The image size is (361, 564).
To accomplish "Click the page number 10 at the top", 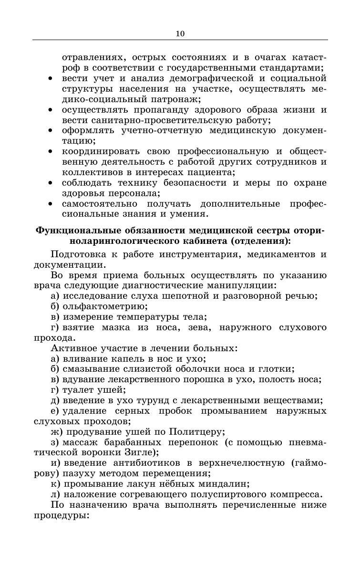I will [180, 33].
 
